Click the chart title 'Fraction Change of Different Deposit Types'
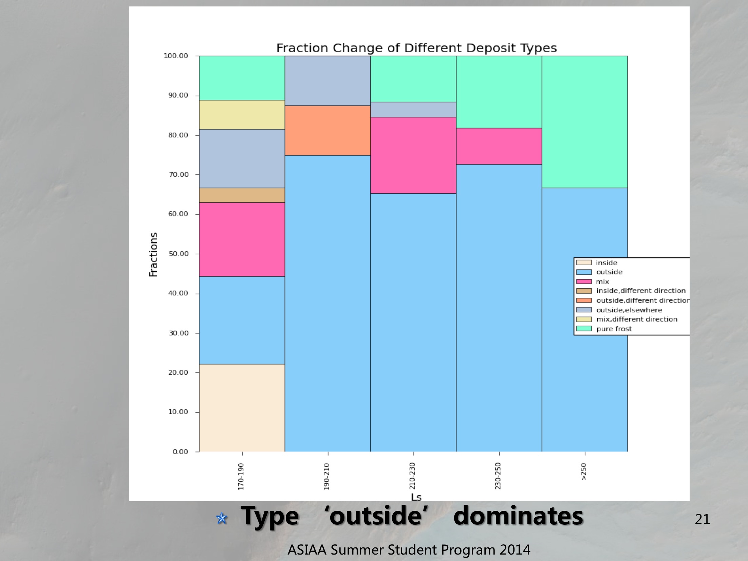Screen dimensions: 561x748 416,48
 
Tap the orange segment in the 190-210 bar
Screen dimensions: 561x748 327,131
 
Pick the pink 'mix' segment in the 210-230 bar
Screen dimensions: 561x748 413,155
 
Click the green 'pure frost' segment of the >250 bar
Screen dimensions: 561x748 584,122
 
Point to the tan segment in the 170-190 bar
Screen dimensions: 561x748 242,195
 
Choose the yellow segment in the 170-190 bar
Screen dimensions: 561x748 242,115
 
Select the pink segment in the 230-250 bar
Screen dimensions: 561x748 499,146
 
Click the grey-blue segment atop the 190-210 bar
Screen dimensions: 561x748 327,81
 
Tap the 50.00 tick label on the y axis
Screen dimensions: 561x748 179,254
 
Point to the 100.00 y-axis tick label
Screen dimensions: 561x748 176,56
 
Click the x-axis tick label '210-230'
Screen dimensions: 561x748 412,476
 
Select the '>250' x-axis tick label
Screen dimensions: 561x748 584,471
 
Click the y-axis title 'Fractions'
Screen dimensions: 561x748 153,254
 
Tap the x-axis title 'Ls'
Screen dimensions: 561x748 416,497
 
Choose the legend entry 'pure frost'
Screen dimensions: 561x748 614,329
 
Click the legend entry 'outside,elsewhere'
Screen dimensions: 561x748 629,310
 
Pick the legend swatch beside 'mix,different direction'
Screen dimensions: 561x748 584,320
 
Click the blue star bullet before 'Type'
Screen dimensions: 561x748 222,518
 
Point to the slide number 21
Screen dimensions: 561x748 702,519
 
